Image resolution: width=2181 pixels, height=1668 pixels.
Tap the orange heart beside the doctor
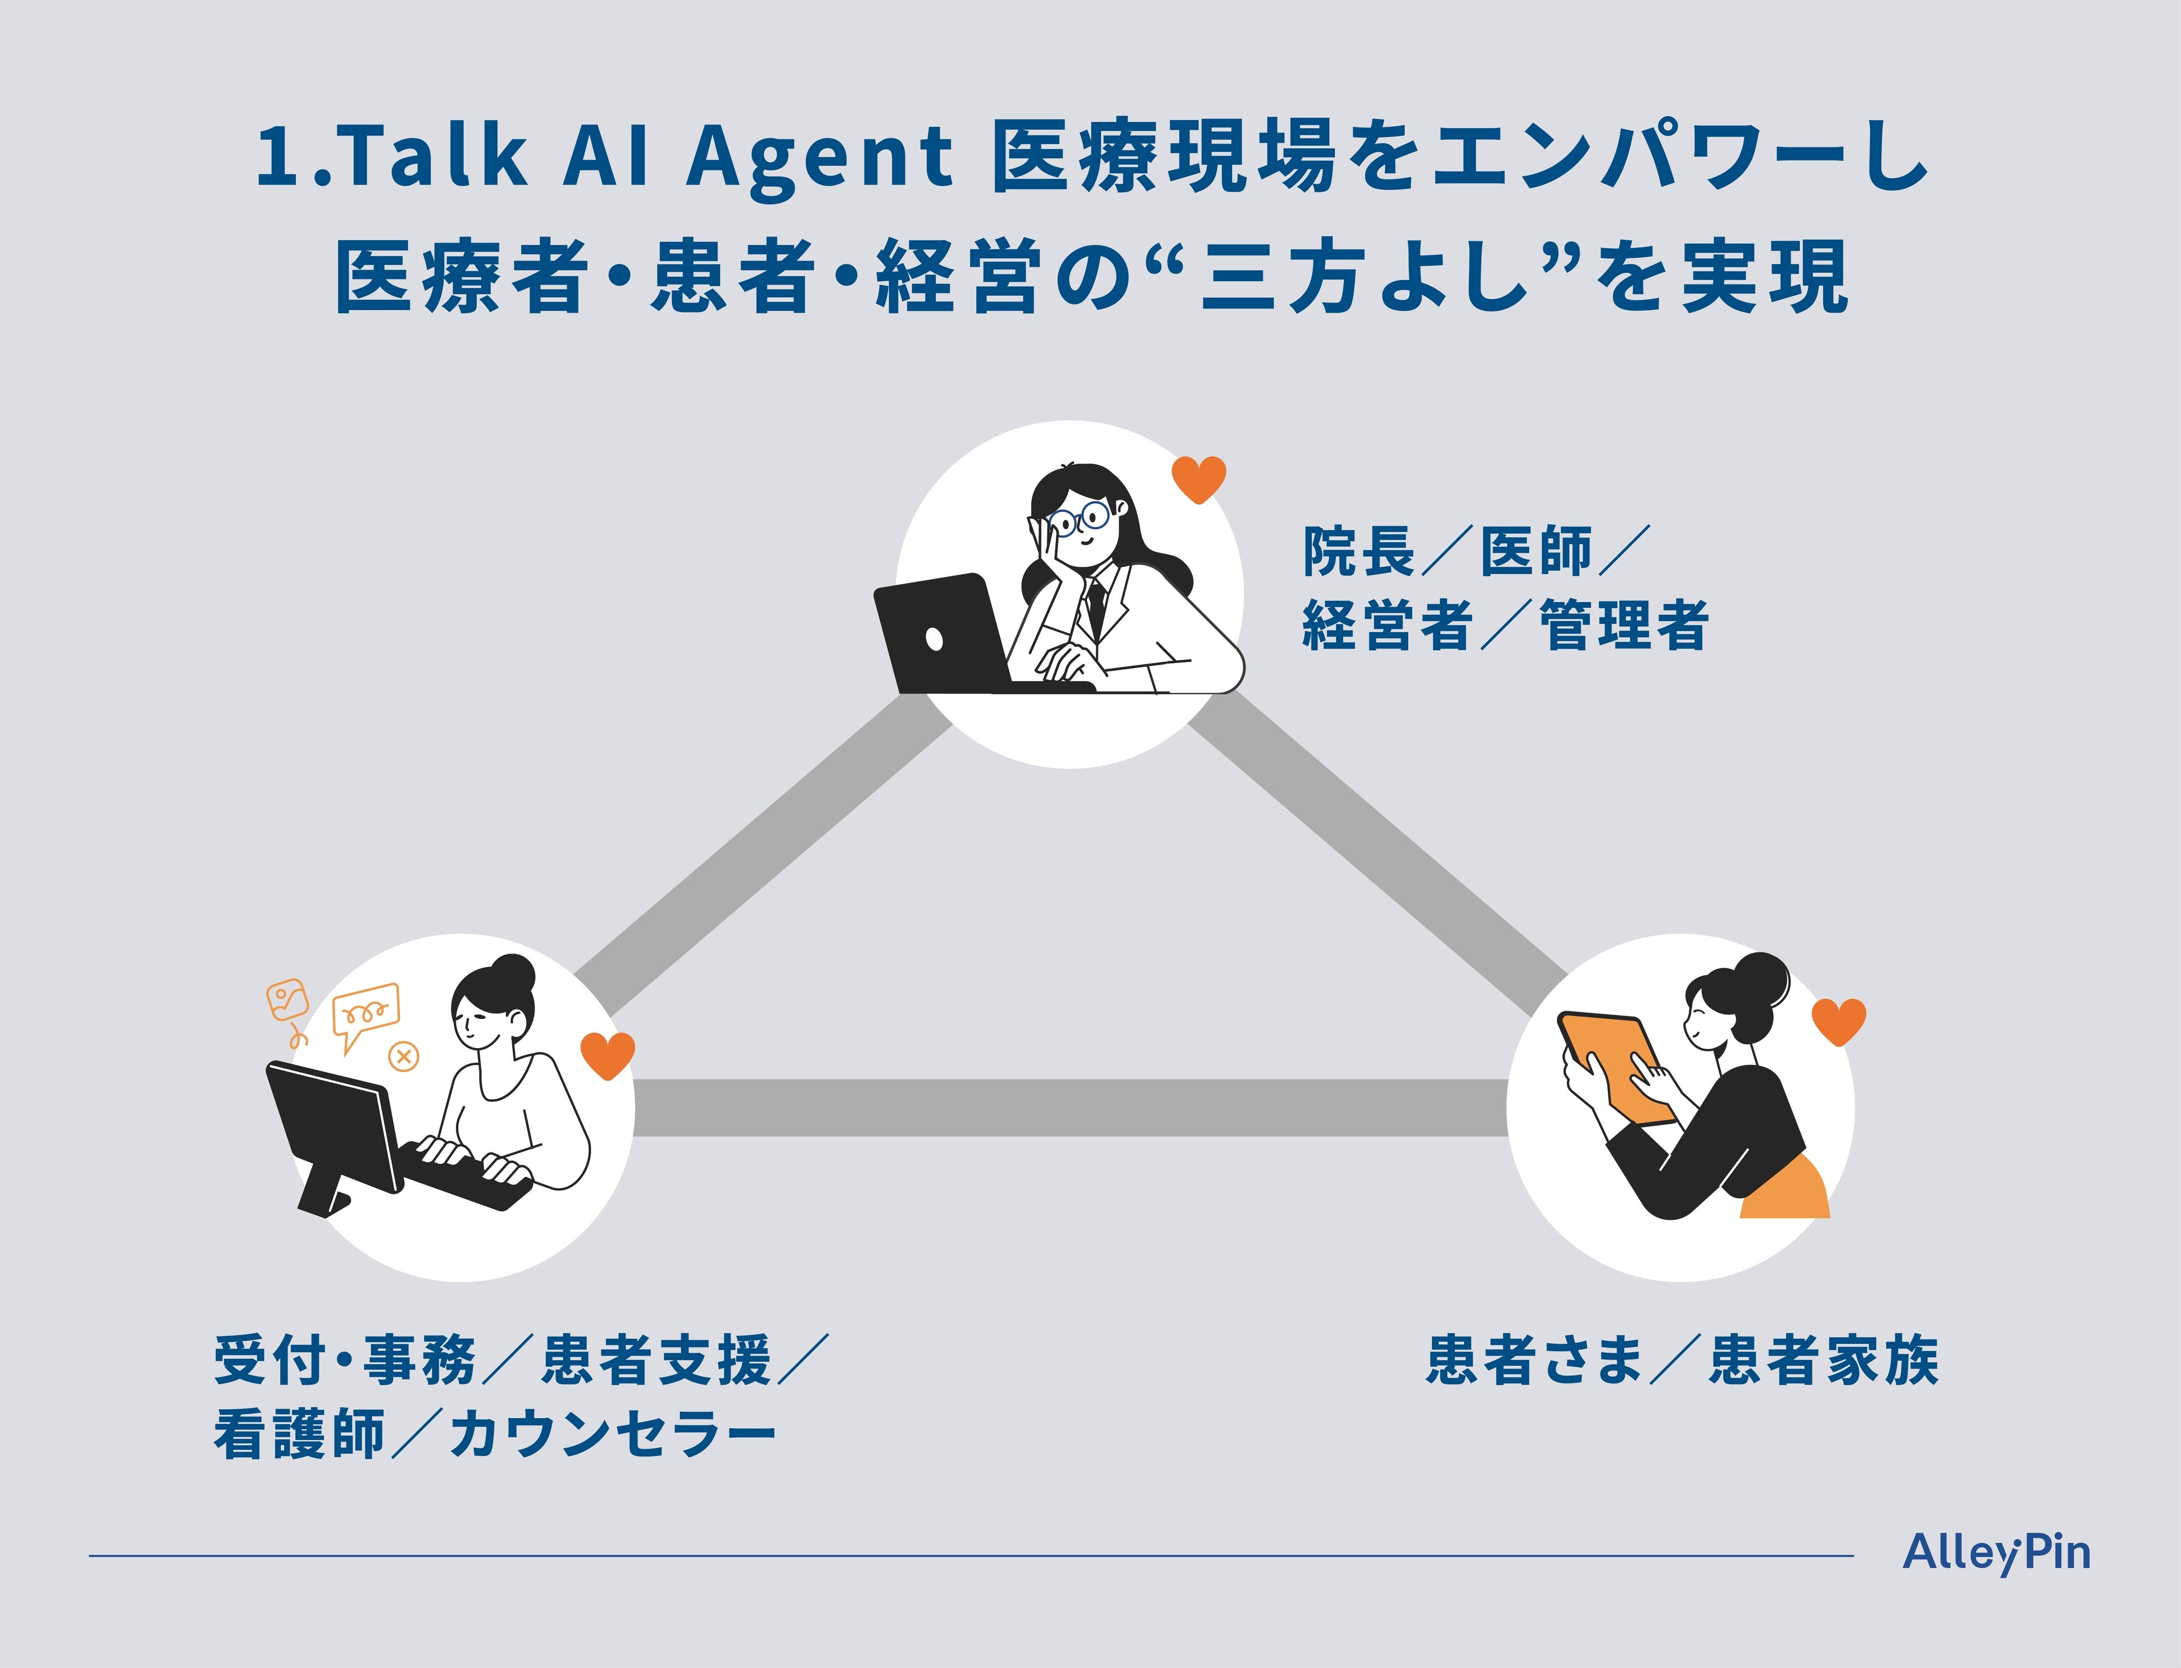[1199, 480]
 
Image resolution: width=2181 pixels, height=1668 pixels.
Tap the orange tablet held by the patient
[1614, 1067]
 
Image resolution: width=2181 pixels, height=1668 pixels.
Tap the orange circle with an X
[403, 1056]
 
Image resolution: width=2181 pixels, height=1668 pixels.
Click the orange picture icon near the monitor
[287, 999]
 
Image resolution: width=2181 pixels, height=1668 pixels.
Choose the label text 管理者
[1624, 625]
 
